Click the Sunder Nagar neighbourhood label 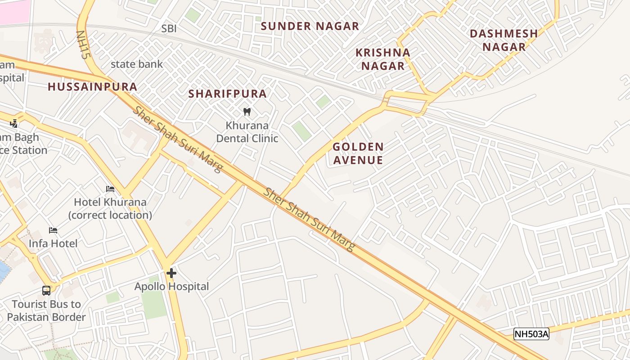(x=310, y=26)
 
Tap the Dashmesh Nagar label (x=504, y=40)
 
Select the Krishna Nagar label (x=383, y=59)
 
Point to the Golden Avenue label (x=358, y=153)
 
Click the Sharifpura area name (x=227, y=94)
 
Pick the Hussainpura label (x=92, y=87)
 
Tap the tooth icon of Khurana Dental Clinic (x=247, y=112)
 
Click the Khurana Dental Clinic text (x=247, y=132)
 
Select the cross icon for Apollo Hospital (x=171, y=273)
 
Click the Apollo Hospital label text (x=172, y=286)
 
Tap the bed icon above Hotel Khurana (x=110, y=189)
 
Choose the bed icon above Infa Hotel (x=53, y=230)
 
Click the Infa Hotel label (x=53, y=243)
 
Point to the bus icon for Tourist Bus (x=46, y=290)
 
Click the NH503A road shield (x=531, y=334)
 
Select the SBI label (x=169, y=29)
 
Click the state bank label (x=137, y=64)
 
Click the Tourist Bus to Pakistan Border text (x=46, y=310)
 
